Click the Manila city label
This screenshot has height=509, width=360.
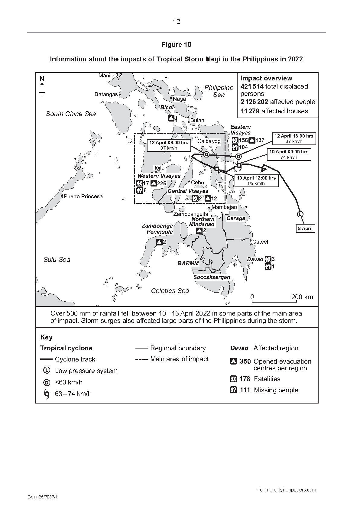[x=106, y=76]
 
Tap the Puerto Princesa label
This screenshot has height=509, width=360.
[x=83, y=196]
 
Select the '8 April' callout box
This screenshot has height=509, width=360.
[x=305, y=229]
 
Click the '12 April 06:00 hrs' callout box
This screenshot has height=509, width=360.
[x=169, y=145]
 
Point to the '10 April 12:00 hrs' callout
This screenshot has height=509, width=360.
[x=256, y=180]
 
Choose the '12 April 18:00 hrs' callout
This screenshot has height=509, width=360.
[x=294, y=138]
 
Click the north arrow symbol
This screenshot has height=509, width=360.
[x=42, y=86]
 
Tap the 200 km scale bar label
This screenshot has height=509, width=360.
[x=302, y=297]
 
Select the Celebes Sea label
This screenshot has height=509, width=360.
[x=170, y=291]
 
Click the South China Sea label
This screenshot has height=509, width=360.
[x=71, y=114]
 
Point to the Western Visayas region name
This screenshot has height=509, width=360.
[x=159, y=176]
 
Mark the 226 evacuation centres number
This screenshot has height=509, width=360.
[x=162, y=183]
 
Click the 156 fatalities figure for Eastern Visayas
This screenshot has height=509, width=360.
[x=243, y=140]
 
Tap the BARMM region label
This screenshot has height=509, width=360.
[x=188, y=263]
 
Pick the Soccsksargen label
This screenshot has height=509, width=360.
[x=212, y=277]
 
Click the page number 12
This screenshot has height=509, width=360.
[x=177, y=21]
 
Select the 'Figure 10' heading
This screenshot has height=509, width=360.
[x=177, y=45]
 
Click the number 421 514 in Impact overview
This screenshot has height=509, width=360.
[x=252, y=86]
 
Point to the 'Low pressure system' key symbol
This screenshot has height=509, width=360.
[x=47, y=371]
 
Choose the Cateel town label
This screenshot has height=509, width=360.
[x=260, y=242]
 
